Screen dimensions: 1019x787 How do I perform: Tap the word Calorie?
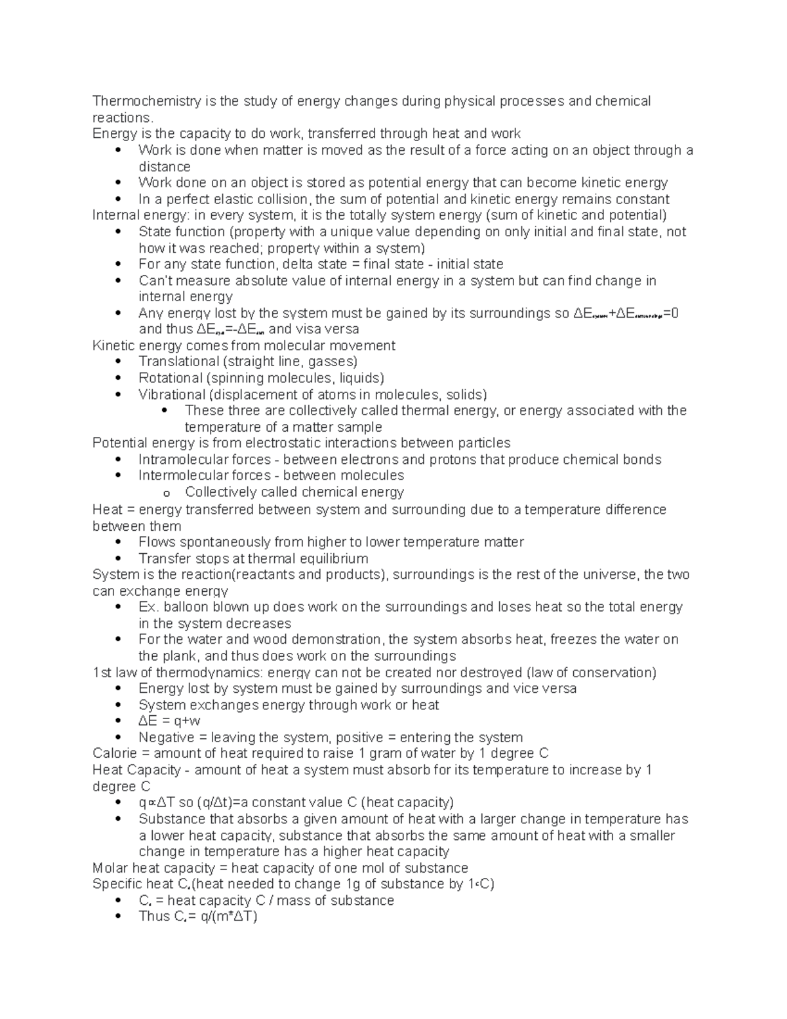point(113,753)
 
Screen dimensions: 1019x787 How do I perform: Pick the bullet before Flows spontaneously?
point(118,542)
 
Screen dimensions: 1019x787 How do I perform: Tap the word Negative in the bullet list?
point(164,738)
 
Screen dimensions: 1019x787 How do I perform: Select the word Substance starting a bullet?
point(172,819)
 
